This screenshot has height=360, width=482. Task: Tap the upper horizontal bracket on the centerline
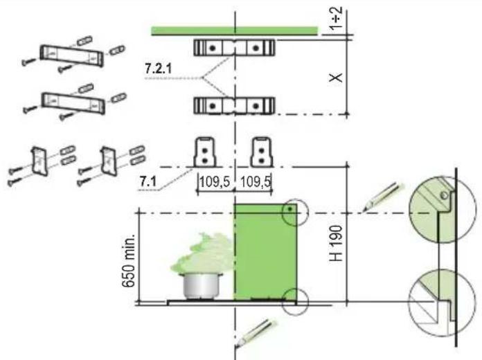tap(234, 47)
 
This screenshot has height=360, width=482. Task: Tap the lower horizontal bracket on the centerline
tap(234, 105)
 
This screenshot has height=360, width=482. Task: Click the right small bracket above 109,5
tap(261, 151)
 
